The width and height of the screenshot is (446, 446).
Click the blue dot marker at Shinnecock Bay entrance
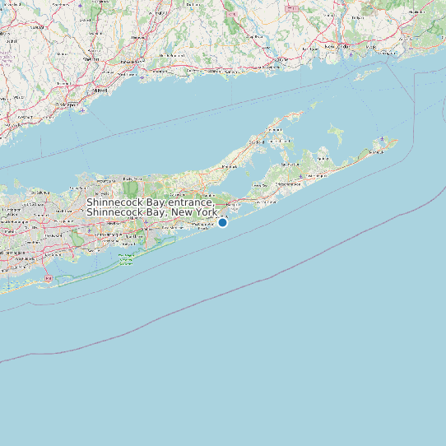[222, 222]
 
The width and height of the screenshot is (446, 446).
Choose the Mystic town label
[332, 47]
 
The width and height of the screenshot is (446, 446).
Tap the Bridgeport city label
[67, 106]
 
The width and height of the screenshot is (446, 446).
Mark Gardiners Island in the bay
[335, 134]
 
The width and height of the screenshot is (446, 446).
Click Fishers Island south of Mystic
[368, 74]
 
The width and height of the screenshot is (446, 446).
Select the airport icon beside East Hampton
[304, 175]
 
